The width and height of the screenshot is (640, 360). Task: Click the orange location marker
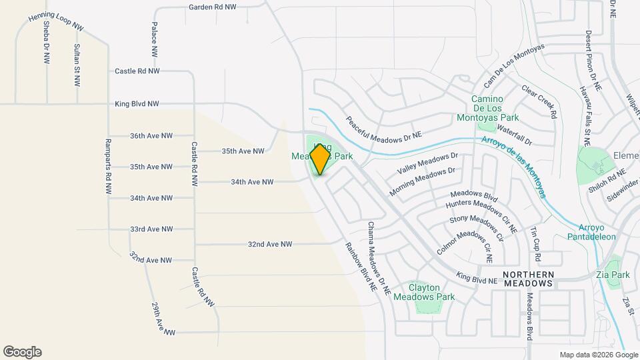coord(321,159)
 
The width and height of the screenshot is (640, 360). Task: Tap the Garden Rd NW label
coord(212,7)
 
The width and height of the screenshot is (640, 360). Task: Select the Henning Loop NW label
coord(56,21)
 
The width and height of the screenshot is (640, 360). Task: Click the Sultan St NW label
coord(77,65)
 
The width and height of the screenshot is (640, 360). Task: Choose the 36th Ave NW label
coord(151,135)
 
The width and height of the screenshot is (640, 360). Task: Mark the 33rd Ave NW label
coord(151,229)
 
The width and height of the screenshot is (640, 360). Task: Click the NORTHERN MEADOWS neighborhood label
coord(528,279)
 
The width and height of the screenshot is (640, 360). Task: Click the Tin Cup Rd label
coord(535,243)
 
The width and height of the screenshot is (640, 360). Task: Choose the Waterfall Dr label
coord(514,137)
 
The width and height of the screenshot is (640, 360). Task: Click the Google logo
coord(22,352)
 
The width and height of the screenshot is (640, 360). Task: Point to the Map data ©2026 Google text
coord(591,355)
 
